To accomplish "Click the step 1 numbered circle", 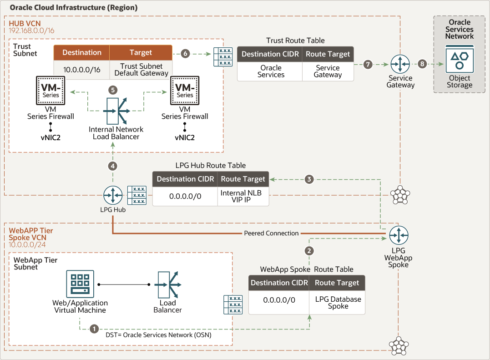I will coord(94,328).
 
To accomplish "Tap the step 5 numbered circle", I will coord(113,90).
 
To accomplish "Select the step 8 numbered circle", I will coord(422,64).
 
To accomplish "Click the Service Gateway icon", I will coord(400,64).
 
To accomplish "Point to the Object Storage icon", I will coord(460,60).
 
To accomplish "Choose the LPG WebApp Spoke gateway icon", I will coord(399,235).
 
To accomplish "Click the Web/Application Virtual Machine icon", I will coord(80,284).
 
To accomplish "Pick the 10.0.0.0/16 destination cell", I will coord(81,70).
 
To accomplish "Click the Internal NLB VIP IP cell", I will coord(243,196).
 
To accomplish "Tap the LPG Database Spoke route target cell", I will coord(338,303).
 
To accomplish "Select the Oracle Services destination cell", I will coord(270,71).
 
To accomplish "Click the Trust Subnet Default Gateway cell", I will coord(141,70).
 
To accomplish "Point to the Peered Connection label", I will coord(271,233).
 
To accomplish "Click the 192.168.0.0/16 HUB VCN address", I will coord(31,30).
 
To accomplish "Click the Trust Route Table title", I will coord(295,41).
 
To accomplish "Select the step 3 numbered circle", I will coord(309,179).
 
